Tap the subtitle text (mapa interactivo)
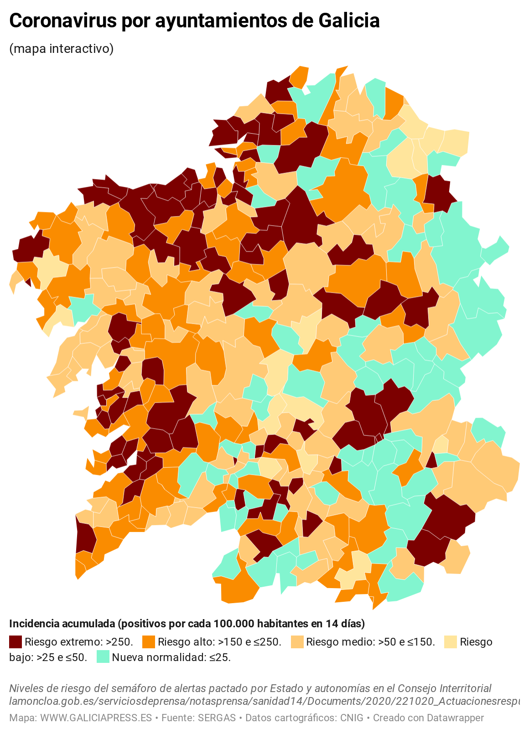pos(61,49)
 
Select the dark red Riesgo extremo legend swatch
pos(16,642)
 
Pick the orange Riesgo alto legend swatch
pos(149,642)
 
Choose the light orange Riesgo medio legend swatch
pos(297,642)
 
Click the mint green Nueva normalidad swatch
pos(103,657)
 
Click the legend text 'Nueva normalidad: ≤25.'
pos(171,657)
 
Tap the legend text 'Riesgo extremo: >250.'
pos(79,642)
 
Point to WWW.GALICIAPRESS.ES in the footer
pos(96,718)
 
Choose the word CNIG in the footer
pos(352,718)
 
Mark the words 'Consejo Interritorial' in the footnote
pos(445,688)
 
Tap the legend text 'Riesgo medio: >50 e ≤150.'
pos(370,642)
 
